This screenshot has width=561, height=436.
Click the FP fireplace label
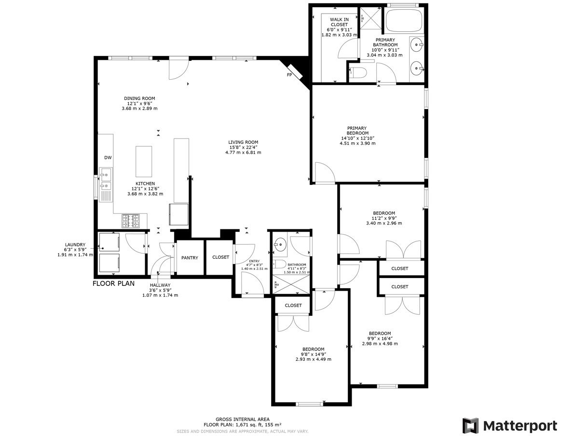click(289, 75)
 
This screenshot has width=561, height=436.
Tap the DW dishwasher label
click(108, 157)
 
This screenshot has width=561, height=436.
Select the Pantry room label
click(190, 257)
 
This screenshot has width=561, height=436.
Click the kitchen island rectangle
click(144, 159)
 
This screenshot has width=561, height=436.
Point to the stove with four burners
click(131, 221)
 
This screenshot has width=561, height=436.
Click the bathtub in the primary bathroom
click(404, 21)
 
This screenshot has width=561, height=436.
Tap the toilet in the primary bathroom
click(358, 73)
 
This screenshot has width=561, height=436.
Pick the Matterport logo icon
click(470, 425)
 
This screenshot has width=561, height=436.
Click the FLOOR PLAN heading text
click(114, 283)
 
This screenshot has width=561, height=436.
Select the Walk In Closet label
click(339, 22)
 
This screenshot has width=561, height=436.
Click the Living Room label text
click(243, 142)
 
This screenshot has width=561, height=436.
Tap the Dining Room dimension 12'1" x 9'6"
click(139, 103)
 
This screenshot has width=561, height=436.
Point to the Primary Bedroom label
click(357, 130)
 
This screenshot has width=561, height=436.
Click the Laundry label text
click(75, 245)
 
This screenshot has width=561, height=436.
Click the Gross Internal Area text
click(243, 419)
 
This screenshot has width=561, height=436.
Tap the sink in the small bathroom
click(280, 245)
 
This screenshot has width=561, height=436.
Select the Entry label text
click(254, 261)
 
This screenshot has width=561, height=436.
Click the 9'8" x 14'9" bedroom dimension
click(314, 354)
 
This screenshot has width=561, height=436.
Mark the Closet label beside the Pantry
click(221, 257)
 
